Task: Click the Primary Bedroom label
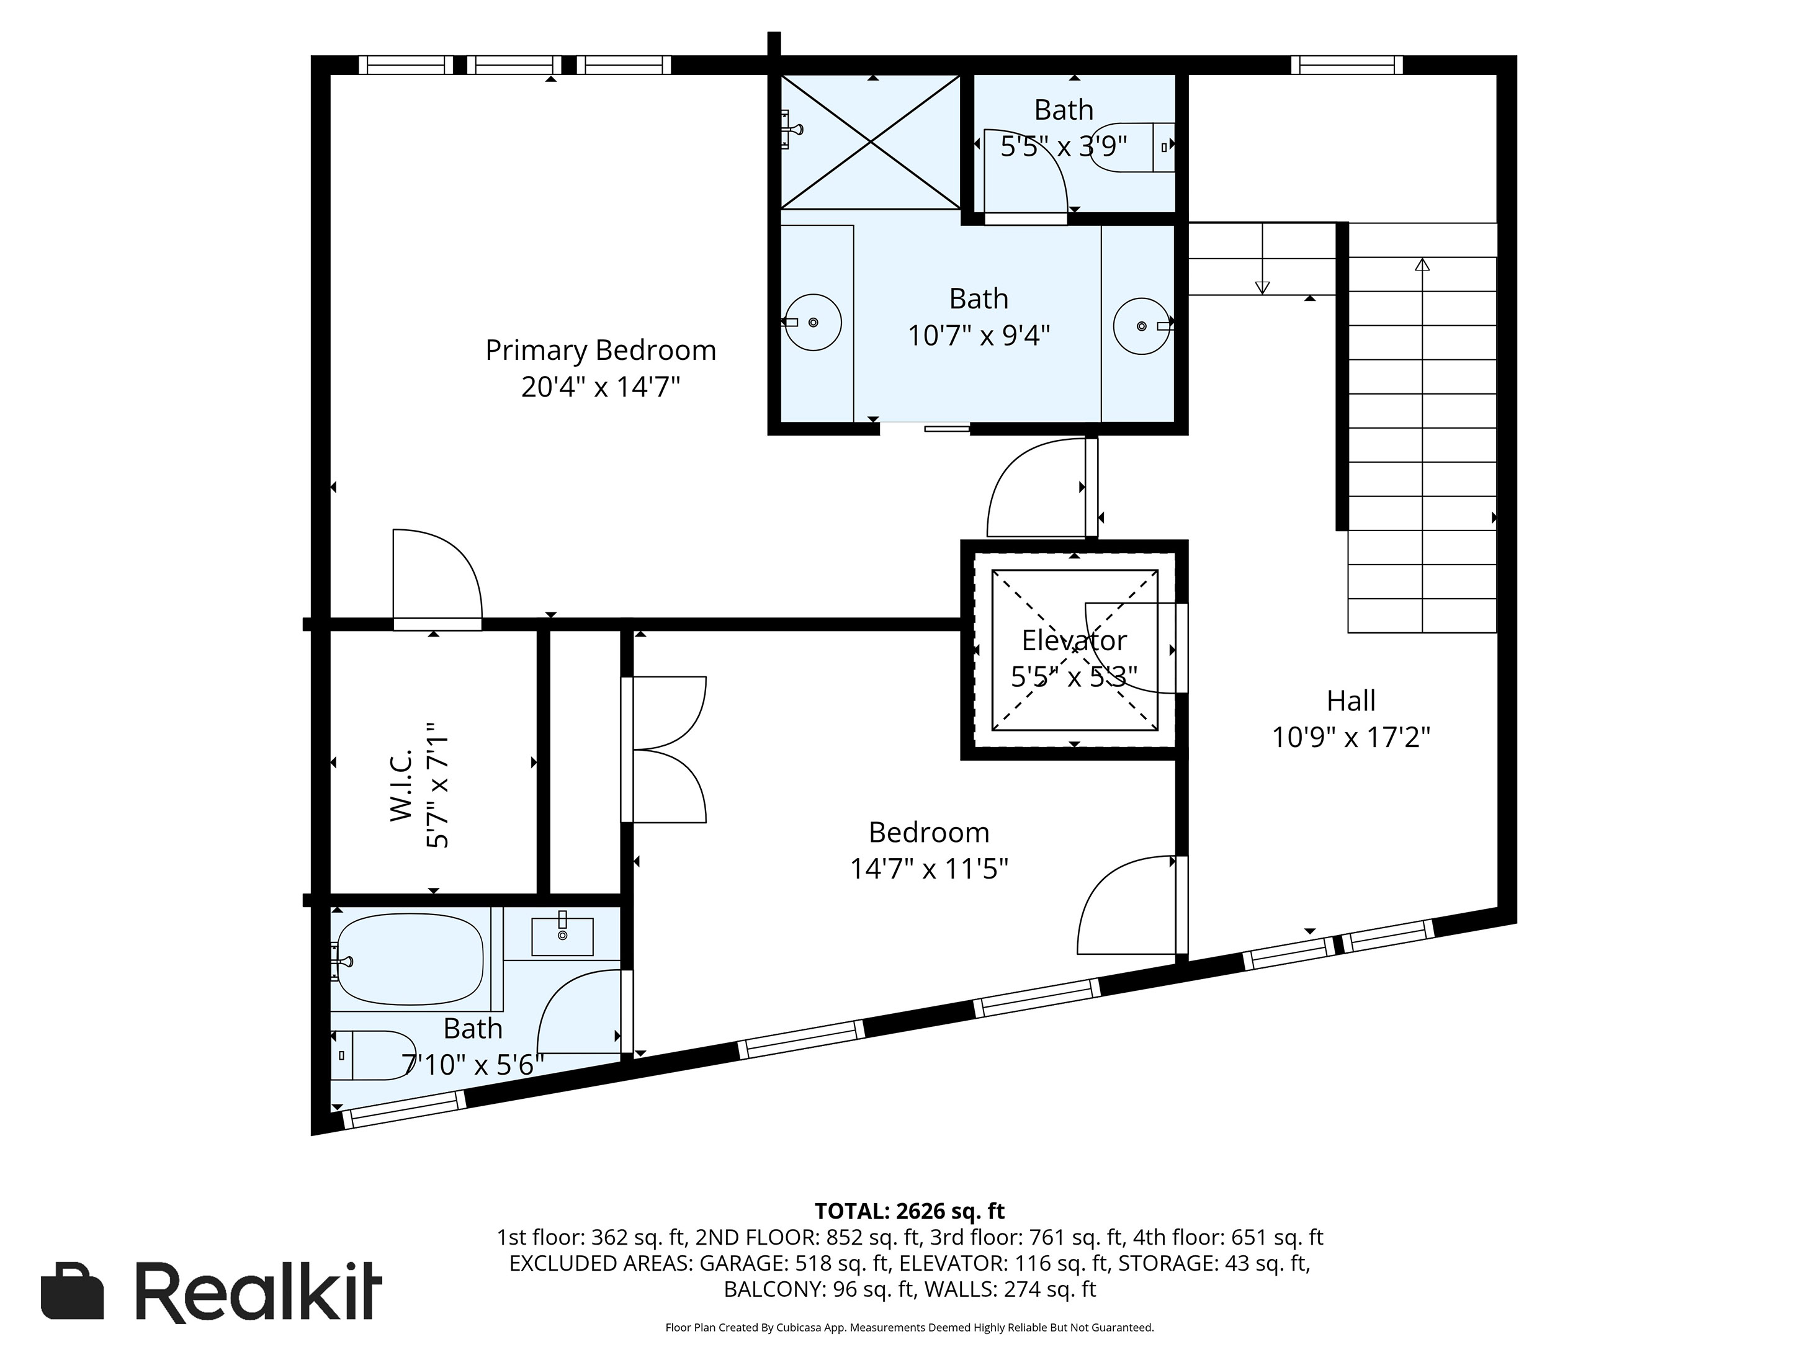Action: pos(600,351)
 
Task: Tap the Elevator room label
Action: pos(1074,640)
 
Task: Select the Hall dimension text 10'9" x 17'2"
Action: pos(1351,737)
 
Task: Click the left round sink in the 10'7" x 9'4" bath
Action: pos(812,323)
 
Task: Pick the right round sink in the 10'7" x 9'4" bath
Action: pos(1141,326)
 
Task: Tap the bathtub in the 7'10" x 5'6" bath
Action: pos(410,959)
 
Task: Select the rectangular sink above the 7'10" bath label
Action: pos(562,936)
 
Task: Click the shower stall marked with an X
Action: pos(870,141)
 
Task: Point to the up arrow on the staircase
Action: pos(1422,265)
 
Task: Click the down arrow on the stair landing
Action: pos(1262,287)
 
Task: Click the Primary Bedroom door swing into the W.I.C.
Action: pos(436,576)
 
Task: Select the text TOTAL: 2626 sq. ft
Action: pos(909,1211)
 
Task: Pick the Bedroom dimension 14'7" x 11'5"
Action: pos(929,869)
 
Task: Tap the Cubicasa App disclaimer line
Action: pos(909,1327)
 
